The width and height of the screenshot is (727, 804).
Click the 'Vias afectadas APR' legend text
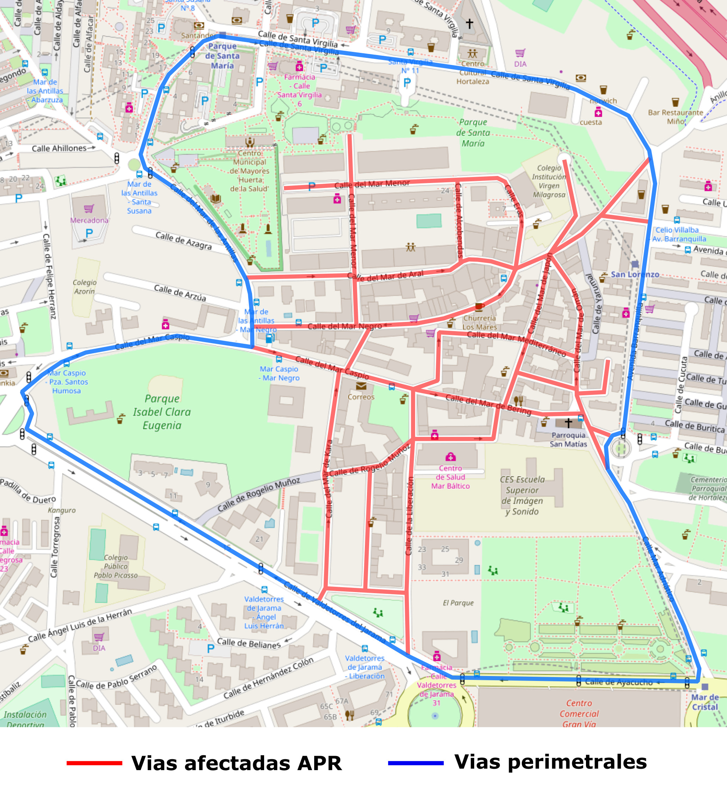[x=237, y=763]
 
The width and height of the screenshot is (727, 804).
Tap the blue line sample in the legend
[x=416, y=763]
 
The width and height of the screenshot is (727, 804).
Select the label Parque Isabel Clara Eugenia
[x=162, y=412]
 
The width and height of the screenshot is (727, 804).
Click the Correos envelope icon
[x=361, y=386]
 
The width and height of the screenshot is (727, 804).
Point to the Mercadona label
[x=89, y=220]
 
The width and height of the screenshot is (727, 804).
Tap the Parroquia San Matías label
[x=568, y=439]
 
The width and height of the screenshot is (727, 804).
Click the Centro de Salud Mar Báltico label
[x=450, y=477]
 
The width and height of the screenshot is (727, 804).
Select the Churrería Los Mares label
[x=479, y=322]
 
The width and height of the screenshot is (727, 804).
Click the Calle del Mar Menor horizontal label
[x=372, y=184]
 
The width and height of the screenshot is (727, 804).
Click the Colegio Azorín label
[x=85, y=287]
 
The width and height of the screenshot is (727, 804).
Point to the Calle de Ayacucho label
[x=618, y=682]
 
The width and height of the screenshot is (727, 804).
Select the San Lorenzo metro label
[x=635, y=274]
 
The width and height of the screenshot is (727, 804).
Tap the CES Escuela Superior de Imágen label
[x=522, y=495]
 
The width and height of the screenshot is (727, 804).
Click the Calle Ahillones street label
[x=59, y=148]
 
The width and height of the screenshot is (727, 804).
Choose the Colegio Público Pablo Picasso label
[x=116, y=566]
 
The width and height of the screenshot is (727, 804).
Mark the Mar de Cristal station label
[x=705, y=702]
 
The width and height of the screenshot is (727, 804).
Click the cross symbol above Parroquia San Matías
[x=568, y=422]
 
